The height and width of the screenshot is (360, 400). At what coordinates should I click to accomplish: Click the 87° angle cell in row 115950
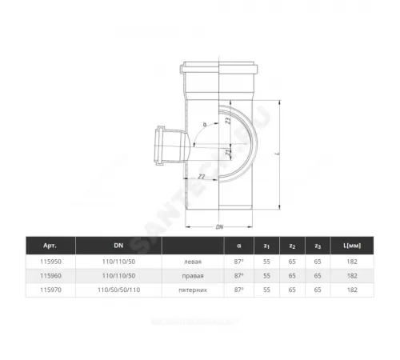pos(239,261)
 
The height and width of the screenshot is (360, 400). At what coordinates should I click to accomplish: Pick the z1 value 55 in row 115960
pos(266,274)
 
